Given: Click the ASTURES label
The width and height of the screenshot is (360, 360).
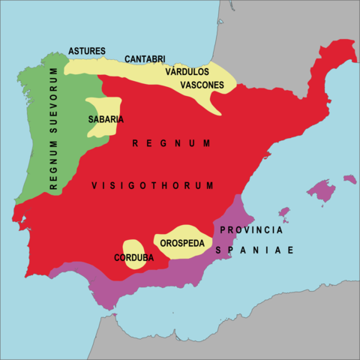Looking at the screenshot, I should (87, 51).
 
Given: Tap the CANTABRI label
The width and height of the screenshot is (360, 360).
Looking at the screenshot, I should (145, 58).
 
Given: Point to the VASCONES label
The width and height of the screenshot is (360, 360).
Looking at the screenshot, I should (202, 85).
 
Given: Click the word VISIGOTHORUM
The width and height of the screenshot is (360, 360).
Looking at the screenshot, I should (153, 185).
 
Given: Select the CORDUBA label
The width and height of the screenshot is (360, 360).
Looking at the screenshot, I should (133, 258).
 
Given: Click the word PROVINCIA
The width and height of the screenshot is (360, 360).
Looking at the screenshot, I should (251, 229).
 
